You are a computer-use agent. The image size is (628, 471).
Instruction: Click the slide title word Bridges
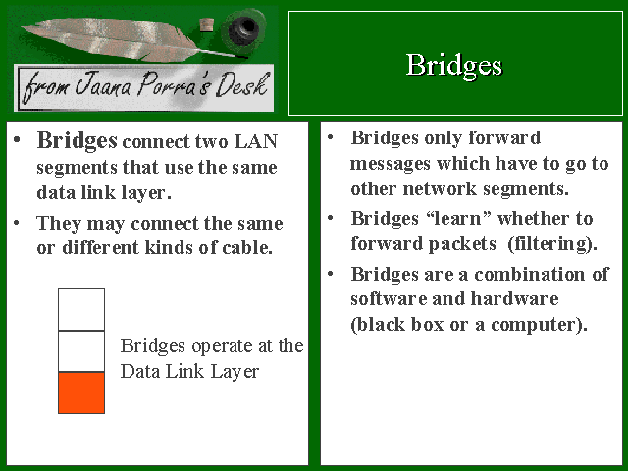453,65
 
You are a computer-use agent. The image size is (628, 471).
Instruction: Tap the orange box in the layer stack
81,392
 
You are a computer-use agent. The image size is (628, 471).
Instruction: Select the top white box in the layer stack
81,309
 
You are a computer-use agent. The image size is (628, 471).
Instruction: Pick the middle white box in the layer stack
81,351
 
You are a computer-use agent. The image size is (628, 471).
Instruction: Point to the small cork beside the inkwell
207,25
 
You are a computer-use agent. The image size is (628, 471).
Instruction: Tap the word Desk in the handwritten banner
241,84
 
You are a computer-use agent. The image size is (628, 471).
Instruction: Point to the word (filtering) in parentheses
551,244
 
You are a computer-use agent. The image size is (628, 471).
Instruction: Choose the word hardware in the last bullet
514,298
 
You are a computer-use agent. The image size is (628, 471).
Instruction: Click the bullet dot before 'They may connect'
17,223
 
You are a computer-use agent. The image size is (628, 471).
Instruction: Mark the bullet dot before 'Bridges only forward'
331,137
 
